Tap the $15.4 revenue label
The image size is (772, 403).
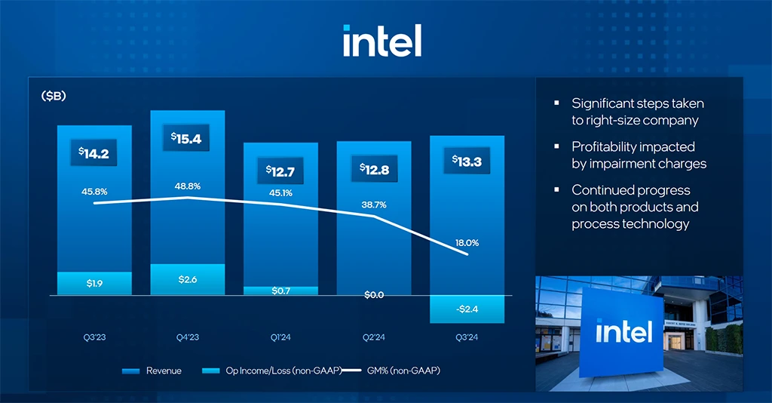(x=187, y=139)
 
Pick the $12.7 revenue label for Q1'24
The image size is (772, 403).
(x=280, y=171)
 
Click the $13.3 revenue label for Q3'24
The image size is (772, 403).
(x=467, y=161)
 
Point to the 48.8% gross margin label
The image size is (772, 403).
(x=188, y=186)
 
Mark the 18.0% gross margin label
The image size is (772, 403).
(x=467, y=243)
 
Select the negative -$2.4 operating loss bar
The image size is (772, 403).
(x=467, y=309)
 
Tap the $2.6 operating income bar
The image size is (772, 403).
(x=188, y=279)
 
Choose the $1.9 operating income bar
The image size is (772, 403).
(x=94, y=283)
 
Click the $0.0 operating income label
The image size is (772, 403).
(x=374, y=295)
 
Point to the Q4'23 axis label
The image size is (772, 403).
(x=188, y=337)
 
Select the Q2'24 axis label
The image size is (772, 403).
(x=374, y=337)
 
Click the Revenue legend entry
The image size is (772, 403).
(x=154, y=371)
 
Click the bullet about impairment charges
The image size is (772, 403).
(x=638, y=155)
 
